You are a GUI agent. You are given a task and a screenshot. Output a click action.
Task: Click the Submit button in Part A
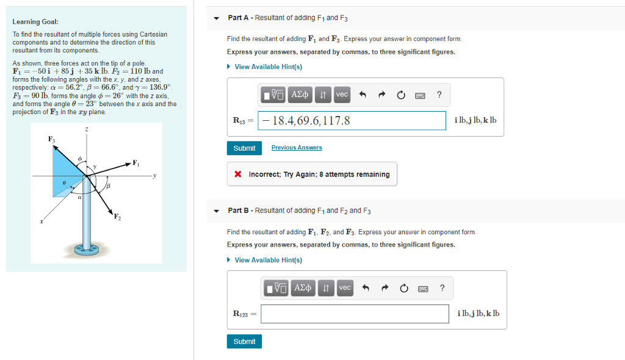tap(244, 148)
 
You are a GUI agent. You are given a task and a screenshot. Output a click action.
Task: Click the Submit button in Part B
tap(244, 342)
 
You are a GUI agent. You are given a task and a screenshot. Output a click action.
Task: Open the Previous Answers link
tap(297, 148)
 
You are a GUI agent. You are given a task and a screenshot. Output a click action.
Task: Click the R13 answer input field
tap(352, 120)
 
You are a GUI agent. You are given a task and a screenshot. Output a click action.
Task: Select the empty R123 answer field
tap(355, 314)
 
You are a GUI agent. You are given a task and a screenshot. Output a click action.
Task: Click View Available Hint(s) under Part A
tap(268, 67)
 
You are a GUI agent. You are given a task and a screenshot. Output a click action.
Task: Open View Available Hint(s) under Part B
tap(268, 260)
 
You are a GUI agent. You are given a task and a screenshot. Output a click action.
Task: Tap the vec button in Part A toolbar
tap(342, 94)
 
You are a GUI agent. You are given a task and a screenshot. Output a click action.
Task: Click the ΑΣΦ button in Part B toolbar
tap(303, 287)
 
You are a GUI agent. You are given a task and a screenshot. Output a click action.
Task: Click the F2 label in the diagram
tap(117, 216)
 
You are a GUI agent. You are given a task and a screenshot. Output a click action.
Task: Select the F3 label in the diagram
tap(51, 140)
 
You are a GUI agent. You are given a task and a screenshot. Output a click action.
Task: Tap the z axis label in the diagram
tap(87, 129)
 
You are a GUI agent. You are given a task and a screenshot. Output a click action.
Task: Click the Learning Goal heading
tap(35, 22)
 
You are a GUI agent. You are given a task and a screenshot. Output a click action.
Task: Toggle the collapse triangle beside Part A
tap(217, 18)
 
